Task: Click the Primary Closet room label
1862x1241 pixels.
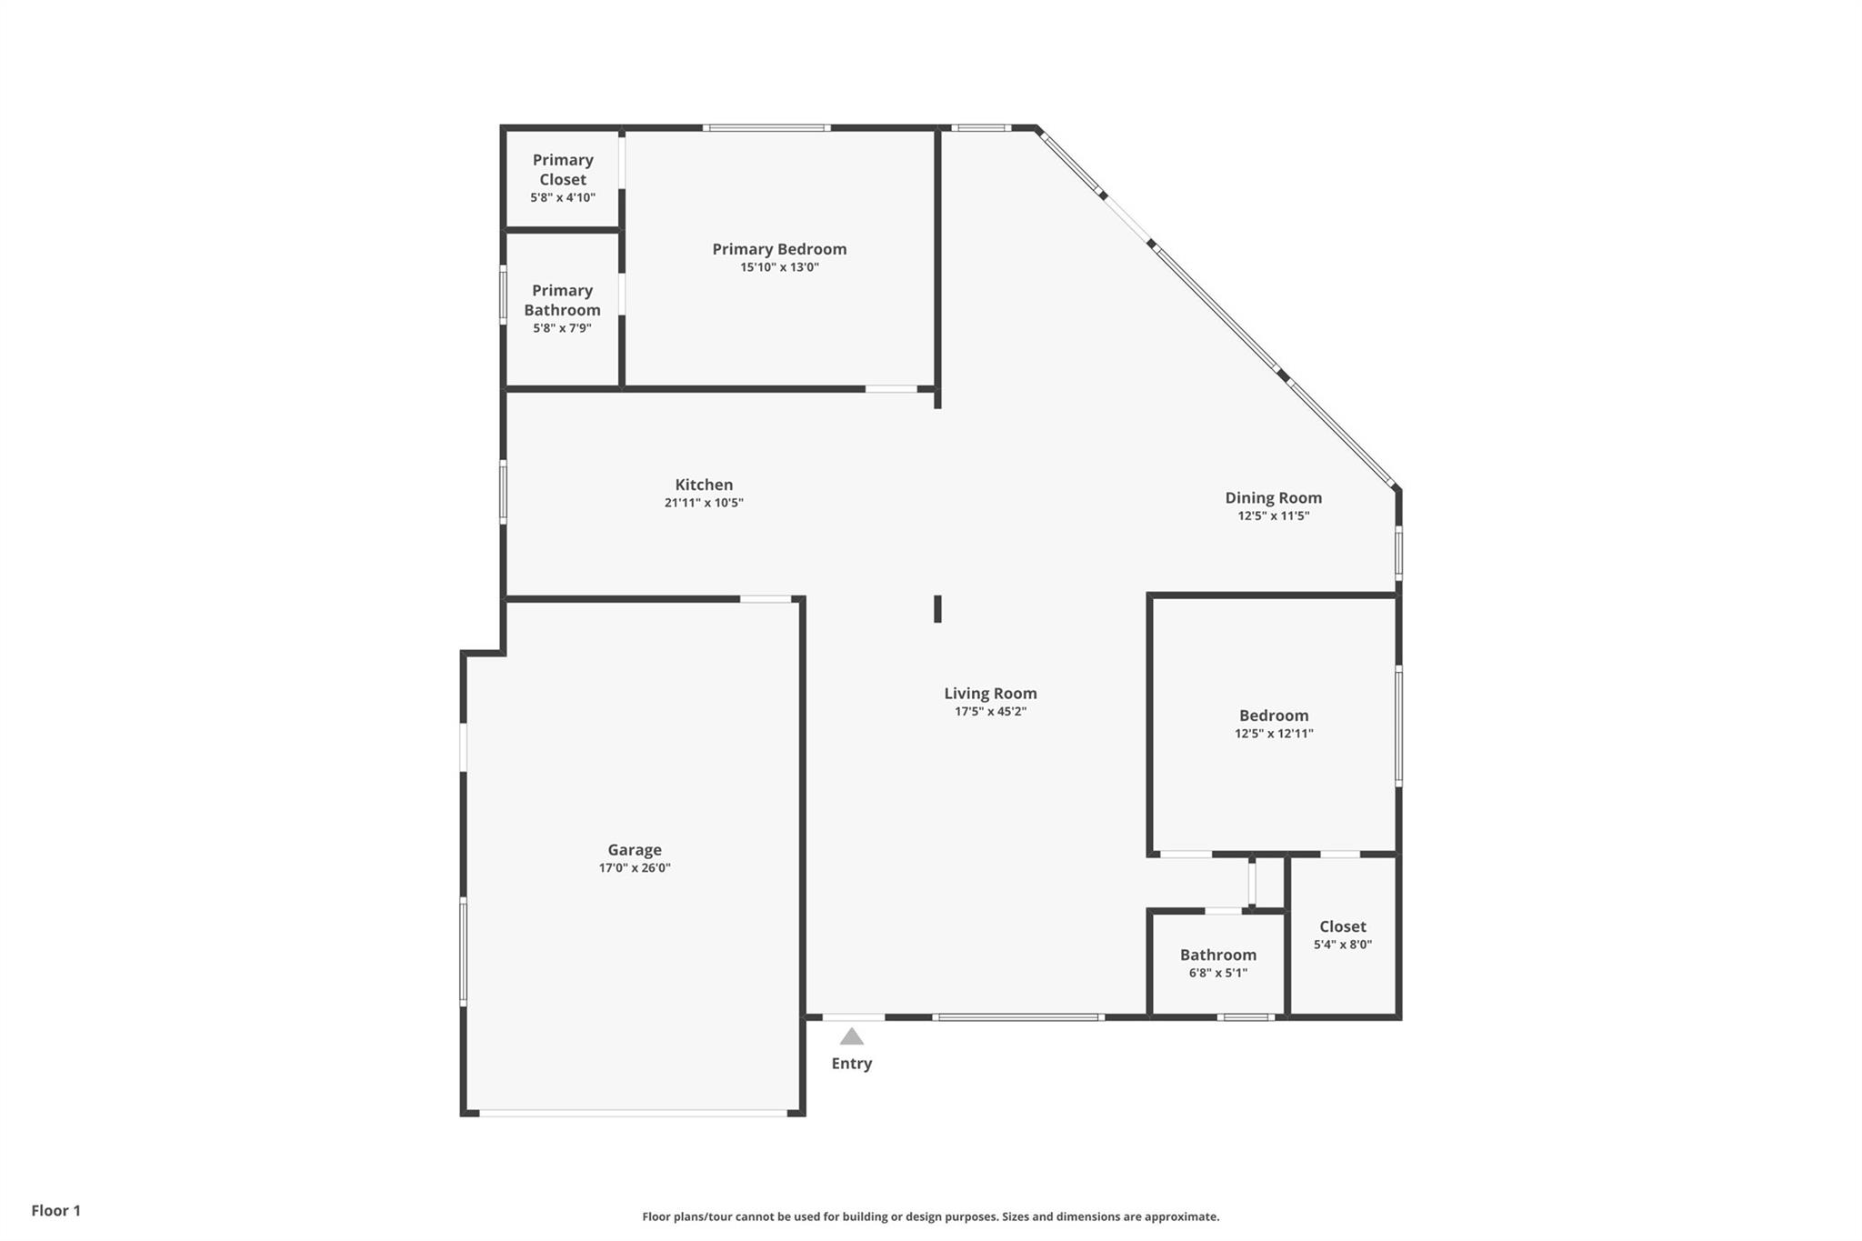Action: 563,169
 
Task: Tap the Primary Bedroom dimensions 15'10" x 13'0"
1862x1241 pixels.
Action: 780,267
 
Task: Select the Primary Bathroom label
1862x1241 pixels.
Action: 562,300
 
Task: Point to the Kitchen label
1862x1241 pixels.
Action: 704,485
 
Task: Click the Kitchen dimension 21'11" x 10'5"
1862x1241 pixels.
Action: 704,503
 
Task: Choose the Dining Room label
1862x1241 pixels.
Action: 1273,498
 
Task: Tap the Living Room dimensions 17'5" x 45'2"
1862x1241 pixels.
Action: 990,712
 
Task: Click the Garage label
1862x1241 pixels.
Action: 635,850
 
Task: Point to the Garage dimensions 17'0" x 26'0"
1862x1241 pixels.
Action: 635,868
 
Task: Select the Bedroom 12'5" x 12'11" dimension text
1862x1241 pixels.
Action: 1274,734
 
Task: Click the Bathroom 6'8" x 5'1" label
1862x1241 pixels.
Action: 1218,964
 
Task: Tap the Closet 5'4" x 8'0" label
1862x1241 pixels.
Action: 1343,936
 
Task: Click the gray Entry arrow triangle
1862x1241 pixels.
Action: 851,1037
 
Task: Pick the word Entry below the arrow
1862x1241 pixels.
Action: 852,1064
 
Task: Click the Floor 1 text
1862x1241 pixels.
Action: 56,1211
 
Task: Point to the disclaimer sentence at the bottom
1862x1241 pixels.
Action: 931,1216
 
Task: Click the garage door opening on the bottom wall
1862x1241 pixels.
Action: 633,1113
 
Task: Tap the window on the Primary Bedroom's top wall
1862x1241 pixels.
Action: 766,128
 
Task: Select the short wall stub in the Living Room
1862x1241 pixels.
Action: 937,609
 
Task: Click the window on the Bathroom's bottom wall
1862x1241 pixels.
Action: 1246,1017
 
